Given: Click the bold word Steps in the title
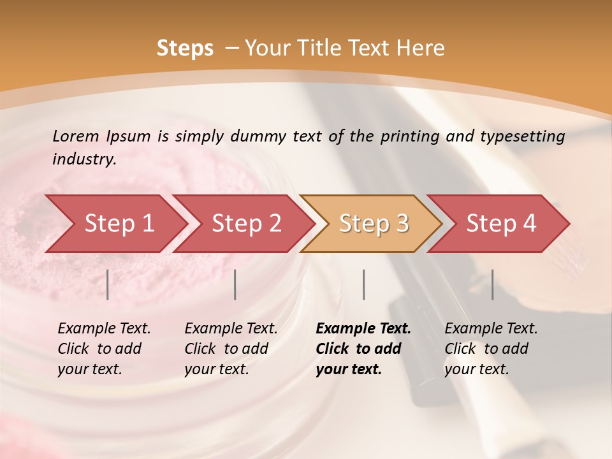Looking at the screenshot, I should pyautogui.click(x=185, y=48).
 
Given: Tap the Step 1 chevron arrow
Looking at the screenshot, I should pyautogui.click(x=119, y=224).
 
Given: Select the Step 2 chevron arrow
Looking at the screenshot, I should pyautogui.click(x=246, y=224).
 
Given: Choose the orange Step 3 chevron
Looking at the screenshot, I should pyautogui.click(x=374, y=224).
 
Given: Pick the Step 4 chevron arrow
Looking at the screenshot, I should pyautogui.click(x=501, y=224).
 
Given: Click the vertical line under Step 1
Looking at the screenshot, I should pyautogui.click(x=108, y=284).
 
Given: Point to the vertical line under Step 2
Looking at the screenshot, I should pyautogui.click(x=235, y=284).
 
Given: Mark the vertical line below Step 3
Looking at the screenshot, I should pyautogui.click(x=364, y=284).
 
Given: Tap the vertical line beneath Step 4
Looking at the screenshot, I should pyautogui.click(x=493, y=284).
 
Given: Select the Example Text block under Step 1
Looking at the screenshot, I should pyautogui.click(x=104, y=349).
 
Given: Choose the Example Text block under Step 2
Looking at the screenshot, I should pyautogui.click(x=231, y=349).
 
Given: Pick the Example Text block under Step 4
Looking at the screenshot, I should pyautogui.click(x=491, y=349).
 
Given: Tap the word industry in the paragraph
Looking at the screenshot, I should pyautogui.click(x=84, y=159).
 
